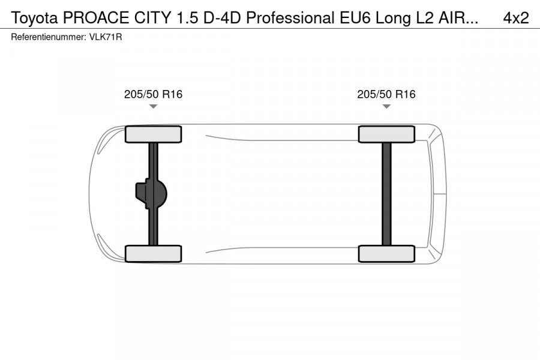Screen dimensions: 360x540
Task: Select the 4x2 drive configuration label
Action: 515,18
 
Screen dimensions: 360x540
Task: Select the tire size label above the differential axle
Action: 153,94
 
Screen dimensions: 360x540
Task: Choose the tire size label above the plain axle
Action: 386,94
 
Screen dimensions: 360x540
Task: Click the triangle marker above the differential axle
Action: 153,107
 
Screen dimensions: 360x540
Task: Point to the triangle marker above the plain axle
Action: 386,107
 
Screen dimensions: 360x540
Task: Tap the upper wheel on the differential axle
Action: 153,134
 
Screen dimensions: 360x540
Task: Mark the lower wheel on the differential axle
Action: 153,253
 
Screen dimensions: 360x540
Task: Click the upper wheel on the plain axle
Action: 386,134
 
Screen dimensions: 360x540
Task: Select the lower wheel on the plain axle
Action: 386,253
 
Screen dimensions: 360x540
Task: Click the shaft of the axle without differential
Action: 386,193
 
